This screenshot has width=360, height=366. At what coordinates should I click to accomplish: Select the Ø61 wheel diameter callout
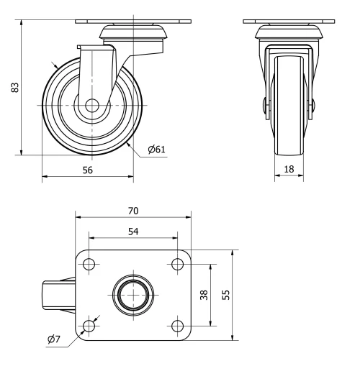158,150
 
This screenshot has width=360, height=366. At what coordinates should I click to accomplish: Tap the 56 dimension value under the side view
87,170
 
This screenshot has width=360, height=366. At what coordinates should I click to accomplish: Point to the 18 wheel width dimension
289,170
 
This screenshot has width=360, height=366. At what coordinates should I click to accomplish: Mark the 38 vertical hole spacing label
204,295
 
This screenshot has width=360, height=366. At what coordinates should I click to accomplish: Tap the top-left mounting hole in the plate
89,264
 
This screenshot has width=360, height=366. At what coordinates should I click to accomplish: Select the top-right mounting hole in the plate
176,264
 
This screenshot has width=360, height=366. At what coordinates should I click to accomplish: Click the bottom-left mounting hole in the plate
89,327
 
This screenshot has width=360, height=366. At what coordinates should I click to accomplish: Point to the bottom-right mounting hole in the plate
176,327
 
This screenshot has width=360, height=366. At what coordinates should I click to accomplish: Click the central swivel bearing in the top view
132,296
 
